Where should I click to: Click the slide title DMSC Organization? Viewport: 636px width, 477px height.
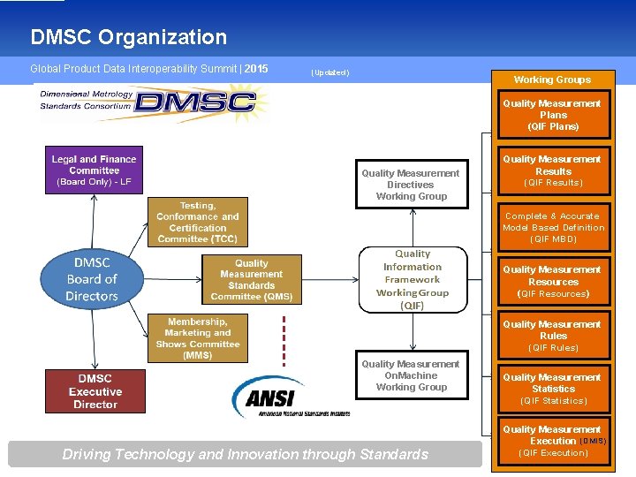coord(128,37)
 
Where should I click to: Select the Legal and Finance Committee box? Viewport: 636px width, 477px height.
coord(94,170)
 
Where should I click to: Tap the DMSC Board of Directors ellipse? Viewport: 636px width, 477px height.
coord(92,279)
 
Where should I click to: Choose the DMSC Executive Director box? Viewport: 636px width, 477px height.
coord(95,391)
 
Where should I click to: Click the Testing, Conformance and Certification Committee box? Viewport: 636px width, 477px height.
coord(198,222)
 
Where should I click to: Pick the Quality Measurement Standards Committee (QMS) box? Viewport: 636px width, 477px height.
coord(251,280)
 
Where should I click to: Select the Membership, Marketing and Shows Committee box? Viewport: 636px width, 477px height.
coord(198,337)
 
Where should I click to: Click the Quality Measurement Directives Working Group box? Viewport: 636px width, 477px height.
coord(411,185)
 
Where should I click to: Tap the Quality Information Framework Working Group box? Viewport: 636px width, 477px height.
coord(413,279)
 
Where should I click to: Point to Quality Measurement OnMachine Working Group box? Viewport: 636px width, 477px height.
coord(411,375)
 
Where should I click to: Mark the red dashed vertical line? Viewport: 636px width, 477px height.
coord(284,340)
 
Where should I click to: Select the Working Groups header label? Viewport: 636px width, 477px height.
coord(552,79)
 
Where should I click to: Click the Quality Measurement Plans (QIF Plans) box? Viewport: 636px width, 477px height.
coord(552,115)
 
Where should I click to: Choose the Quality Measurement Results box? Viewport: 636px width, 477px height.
coord(552,170)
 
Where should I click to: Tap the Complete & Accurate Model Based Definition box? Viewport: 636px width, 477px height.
coord(552,227)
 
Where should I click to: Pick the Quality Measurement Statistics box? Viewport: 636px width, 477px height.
coord(552,389)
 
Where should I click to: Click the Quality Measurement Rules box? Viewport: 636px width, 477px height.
coord(552,336)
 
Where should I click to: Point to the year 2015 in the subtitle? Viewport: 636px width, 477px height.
coord(256,68)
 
